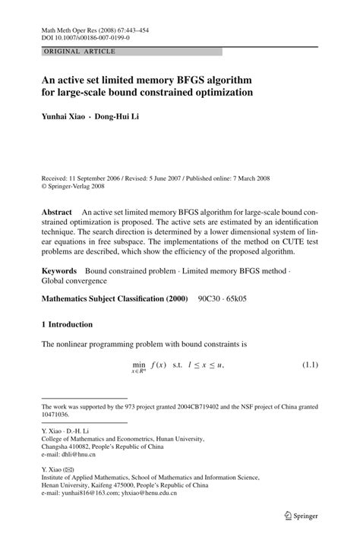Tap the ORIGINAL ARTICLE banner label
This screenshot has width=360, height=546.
point(79,52)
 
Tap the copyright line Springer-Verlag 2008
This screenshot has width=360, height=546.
point(78,184)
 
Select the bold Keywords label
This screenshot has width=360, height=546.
point(59,270)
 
